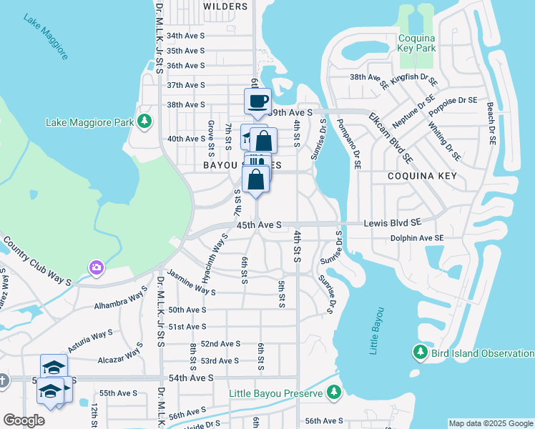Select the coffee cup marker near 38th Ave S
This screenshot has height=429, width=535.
[x=257, y=101]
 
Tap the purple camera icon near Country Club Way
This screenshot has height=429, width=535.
[x=96, y=267]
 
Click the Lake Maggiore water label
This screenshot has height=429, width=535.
[x=46, y=36]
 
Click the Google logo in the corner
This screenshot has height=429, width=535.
[x=24, y=420]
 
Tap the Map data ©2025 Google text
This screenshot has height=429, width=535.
[x=491, y=423]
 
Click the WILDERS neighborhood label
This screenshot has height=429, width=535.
[x=225, y=6]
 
